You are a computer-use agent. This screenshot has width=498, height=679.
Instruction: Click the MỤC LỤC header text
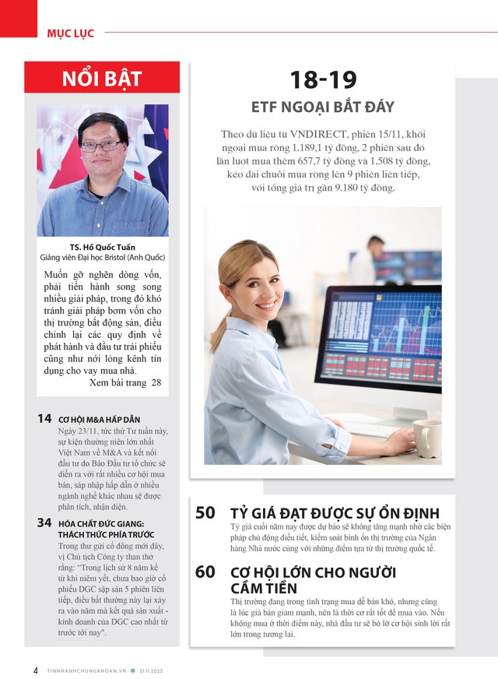tap(70, 33)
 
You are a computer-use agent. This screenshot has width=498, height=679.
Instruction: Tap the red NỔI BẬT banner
tap(102, 79)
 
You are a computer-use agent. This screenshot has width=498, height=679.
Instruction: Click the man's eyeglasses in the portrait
tap(101, 145)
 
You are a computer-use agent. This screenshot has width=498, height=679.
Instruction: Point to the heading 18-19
tap(323, 79)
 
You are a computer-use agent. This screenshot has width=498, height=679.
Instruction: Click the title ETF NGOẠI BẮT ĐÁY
tap(323, 107)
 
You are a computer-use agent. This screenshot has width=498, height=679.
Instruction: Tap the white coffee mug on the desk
tap(426, 438)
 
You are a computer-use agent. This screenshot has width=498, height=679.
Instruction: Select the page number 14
tap(44, 419)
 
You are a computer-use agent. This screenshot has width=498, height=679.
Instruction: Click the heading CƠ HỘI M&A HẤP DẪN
tap(99, 420)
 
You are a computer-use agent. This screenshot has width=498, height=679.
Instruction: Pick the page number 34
tap(44, 522)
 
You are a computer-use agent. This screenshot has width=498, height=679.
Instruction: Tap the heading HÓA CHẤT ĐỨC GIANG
tap(101, 524)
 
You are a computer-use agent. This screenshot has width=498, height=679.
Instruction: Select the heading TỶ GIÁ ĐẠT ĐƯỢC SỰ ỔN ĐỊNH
tap(335, 513)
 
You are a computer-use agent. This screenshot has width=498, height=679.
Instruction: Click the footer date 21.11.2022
tap(156, 670)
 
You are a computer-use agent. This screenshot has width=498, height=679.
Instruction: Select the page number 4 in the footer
tap(36, 670)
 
